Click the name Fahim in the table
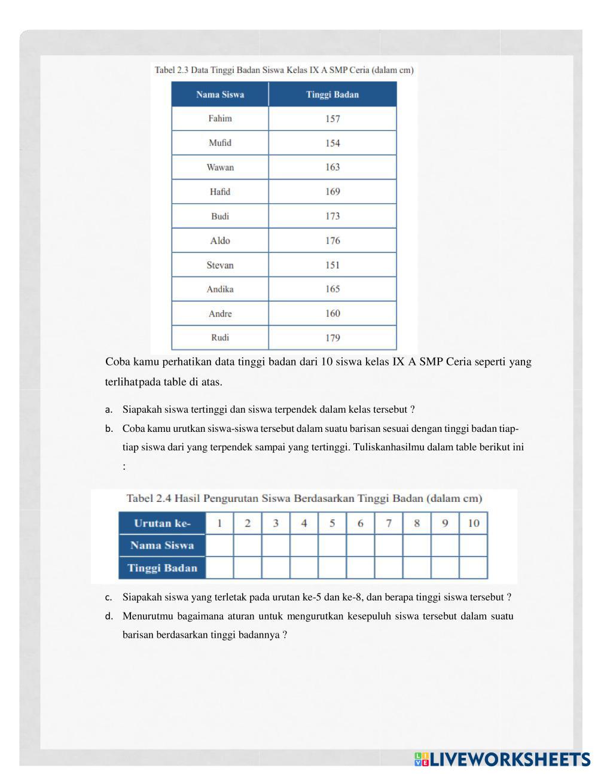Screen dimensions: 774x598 coord(220,118)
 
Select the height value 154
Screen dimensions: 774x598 coord(332,143)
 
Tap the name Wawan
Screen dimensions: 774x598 coord(220,167)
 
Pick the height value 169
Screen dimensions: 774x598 coord(332,192)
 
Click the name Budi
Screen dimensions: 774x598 coord(220,216)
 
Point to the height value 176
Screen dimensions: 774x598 coord(332,240)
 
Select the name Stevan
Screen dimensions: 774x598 coord(220,265)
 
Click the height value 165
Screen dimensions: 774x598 coord(332,289)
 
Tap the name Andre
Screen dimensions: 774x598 coord(220,313)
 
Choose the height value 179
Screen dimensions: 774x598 coord(332,338)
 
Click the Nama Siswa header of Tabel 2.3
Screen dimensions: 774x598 coord(220,95)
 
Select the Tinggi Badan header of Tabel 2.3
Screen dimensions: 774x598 coord(332,95)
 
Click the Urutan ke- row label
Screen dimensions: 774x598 coord(162,523)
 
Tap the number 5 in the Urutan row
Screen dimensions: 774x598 coord(332,523)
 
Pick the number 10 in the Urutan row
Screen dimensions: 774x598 coord(474,523)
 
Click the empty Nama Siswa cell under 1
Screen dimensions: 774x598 coord(219,546)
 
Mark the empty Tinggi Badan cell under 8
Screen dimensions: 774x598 coord(417,568)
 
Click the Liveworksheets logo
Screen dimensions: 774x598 coord(502,759)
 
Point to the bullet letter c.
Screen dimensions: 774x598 coord(108,597)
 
